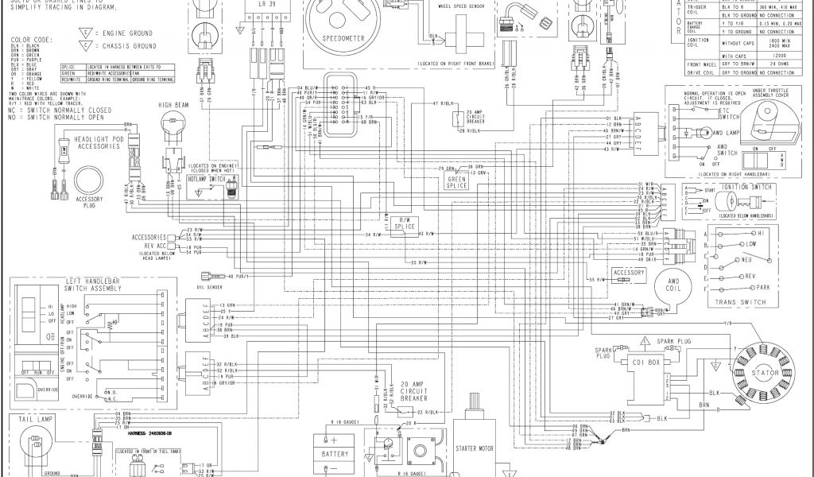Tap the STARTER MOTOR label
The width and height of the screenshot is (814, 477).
click(475, 448)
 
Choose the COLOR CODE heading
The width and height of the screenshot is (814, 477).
click(30, 39)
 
